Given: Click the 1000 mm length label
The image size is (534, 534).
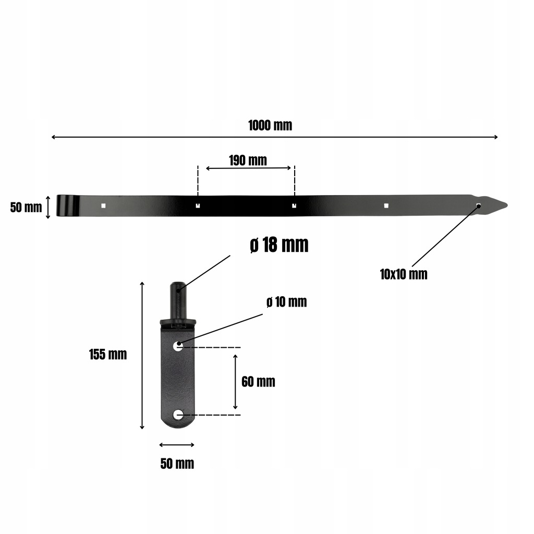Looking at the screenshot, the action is pyautogui.click(x=270, y=125).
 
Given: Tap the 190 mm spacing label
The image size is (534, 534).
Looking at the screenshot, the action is pyautogui.click(x=248, y=161).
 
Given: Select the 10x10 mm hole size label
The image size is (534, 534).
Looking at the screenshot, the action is pyautogui.click(x=404, y=274).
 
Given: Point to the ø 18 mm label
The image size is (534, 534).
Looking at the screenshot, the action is pyautogui.click(x=280, y=245).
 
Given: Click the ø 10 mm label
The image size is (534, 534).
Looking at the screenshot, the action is pyautogui.click(x=286, y=302).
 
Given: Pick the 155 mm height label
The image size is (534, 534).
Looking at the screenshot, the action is pyautogui.click(x=108, y=355).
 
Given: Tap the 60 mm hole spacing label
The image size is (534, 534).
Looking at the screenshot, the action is pyautogui.click(x=258, y=382).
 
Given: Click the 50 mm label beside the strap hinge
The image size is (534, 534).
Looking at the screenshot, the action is pyautogui.click(x=26, y=208).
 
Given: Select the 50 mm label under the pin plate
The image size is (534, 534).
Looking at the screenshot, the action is pyautogui.click(x=177, y=464).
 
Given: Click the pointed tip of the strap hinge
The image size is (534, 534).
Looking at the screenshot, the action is pyautogui.click(x=507, y=205).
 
